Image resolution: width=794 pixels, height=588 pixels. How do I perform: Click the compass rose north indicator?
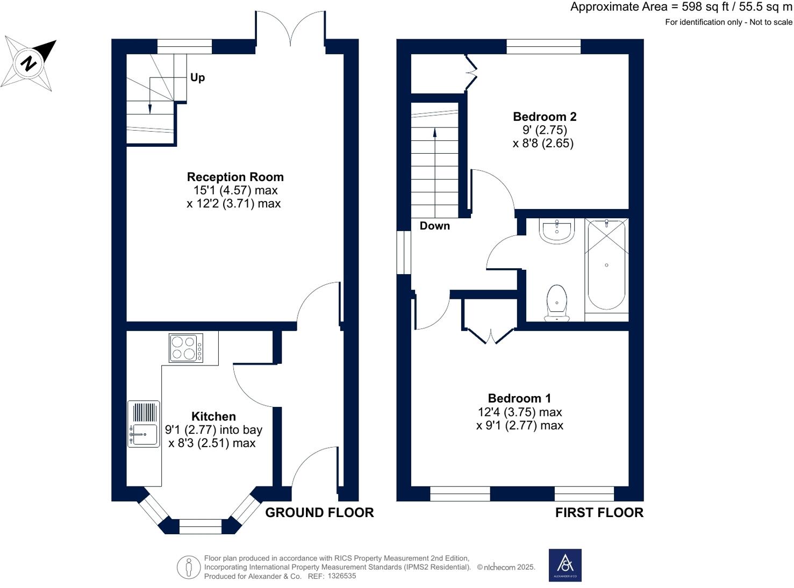[x=29, y=63]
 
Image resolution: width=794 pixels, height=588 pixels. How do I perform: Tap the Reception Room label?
[x=235, y=177]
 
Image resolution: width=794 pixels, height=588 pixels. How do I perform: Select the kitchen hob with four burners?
[x=186, y=348]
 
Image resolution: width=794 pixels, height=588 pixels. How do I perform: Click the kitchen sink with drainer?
[x=144, y=424]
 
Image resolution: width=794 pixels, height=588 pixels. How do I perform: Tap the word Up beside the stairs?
[x=197, y=77]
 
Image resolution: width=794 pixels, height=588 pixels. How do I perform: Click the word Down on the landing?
[x=434, y=226]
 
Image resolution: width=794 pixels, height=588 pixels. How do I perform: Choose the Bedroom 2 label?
[x=544, y=117]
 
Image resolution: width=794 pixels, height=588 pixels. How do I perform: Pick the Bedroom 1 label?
[x=519, y=398]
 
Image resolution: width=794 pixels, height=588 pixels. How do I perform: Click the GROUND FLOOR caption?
[x=319, y=513]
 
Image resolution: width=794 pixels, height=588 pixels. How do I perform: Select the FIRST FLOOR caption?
[x=599, y=513]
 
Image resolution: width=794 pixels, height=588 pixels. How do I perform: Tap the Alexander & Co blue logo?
[x=564, y=565]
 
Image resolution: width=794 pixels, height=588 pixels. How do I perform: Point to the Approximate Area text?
[x=681, y=7]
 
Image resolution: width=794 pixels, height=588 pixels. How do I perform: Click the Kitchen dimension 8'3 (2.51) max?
[x=212, y=443]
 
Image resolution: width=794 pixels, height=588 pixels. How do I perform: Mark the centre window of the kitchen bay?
[x=200, y=526]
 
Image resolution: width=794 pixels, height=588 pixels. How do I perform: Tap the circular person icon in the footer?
[x=189, y=567]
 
